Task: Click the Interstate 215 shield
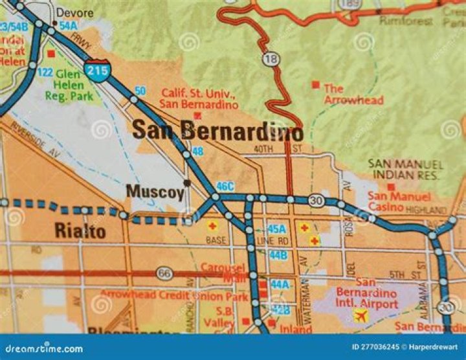click(x=96, y=69)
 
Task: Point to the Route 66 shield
click(x=165, y=273)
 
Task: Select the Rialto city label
click(x=80, y=231)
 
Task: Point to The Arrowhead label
click(x=353, y=94)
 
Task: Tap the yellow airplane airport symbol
click(x=360, y=315)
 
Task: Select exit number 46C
click(x=225, y=186)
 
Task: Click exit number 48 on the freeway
click(x=198, y=151)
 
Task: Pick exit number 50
click(x=140, y=90)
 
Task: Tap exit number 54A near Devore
click(x=68, y=25)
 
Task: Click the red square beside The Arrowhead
click(x=315, y=84)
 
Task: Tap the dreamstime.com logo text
click(x=41, y=348)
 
